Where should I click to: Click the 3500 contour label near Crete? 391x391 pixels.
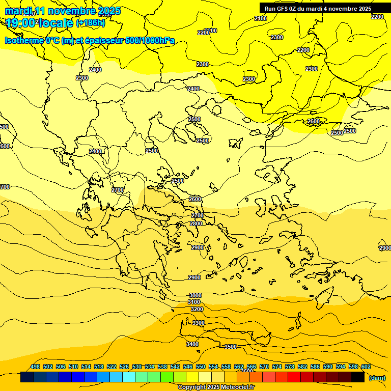(x=231, y=347)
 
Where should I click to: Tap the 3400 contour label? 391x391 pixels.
(x=192, y=345)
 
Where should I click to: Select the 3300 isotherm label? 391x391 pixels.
(x=199, y=323)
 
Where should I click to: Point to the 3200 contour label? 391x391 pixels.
(x=197, y=309)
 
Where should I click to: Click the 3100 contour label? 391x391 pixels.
(x=194, y=302)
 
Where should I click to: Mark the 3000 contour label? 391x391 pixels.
(x=195, y=295)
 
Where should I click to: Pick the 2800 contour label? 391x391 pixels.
(x=196, y=224)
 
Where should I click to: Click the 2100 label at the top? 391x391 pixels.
(x=261, y=18)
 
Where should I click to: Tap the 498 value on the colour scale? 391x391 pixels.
(x=35, y=367)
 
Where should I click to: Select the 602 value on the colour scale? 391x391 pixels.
(x=366, y=367)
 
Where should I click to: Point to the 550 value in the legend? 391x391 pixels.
(x=201, y=367)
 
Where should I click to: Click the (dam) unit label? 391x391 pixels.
(x=377, y=378)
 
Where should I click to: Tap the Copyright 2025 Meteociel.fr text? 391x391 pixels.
(x=216, y=387)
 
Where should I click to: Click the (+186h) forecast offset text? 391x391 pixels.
(x=91, y=23)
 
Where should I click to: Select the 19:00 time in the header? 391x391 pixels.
(x=21, y=23)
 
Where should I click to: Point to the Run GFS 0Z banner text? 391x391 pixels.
(x=318, y=9)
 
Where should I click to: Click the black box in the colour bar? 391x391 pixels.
(x=358, y=377)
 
